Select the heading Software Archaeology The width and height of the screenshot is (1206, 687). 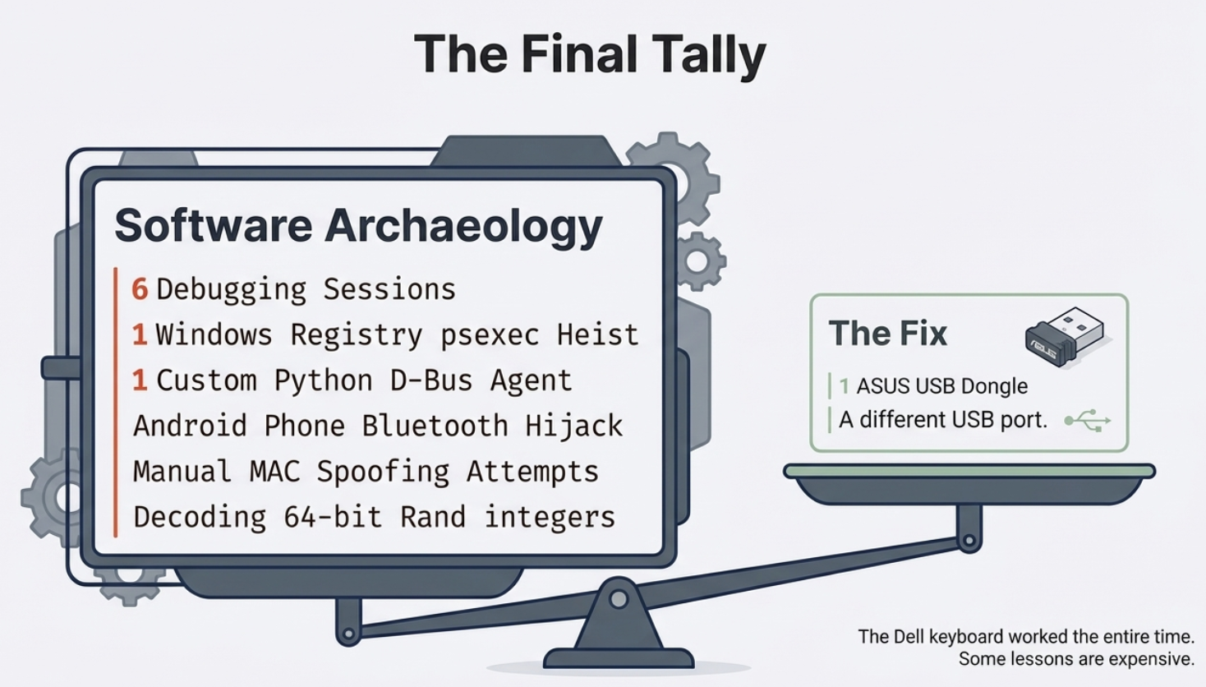point(358,226)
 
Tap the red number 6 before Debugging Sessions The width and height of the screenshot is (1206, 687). point(140,289)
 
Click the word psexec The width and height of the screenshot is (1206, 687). point(490,335)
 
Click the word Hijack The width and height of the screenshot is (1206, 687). point(574,426)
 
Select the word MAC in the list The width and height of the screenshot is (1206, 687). point(274,472)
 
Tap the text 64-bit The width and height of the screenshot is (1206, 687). point(333,517)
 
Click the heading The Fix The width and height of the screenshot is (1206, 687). point(887,334)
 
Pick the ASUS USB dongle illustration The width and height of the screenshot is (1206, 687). point(1064,336)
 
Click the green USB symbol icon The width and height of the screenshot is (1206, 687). point(1088,421)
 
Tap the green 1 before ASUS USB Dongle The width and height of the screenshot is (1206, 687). point(845,386)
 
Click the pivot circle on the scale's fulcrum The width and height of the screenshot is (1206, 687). point(619,599)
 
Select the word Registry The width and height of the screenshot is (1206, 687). point(356,336)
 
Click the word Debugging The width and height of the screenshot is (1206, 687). point(231,290)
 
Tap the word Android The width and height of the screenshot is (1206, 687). point(190,426)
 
